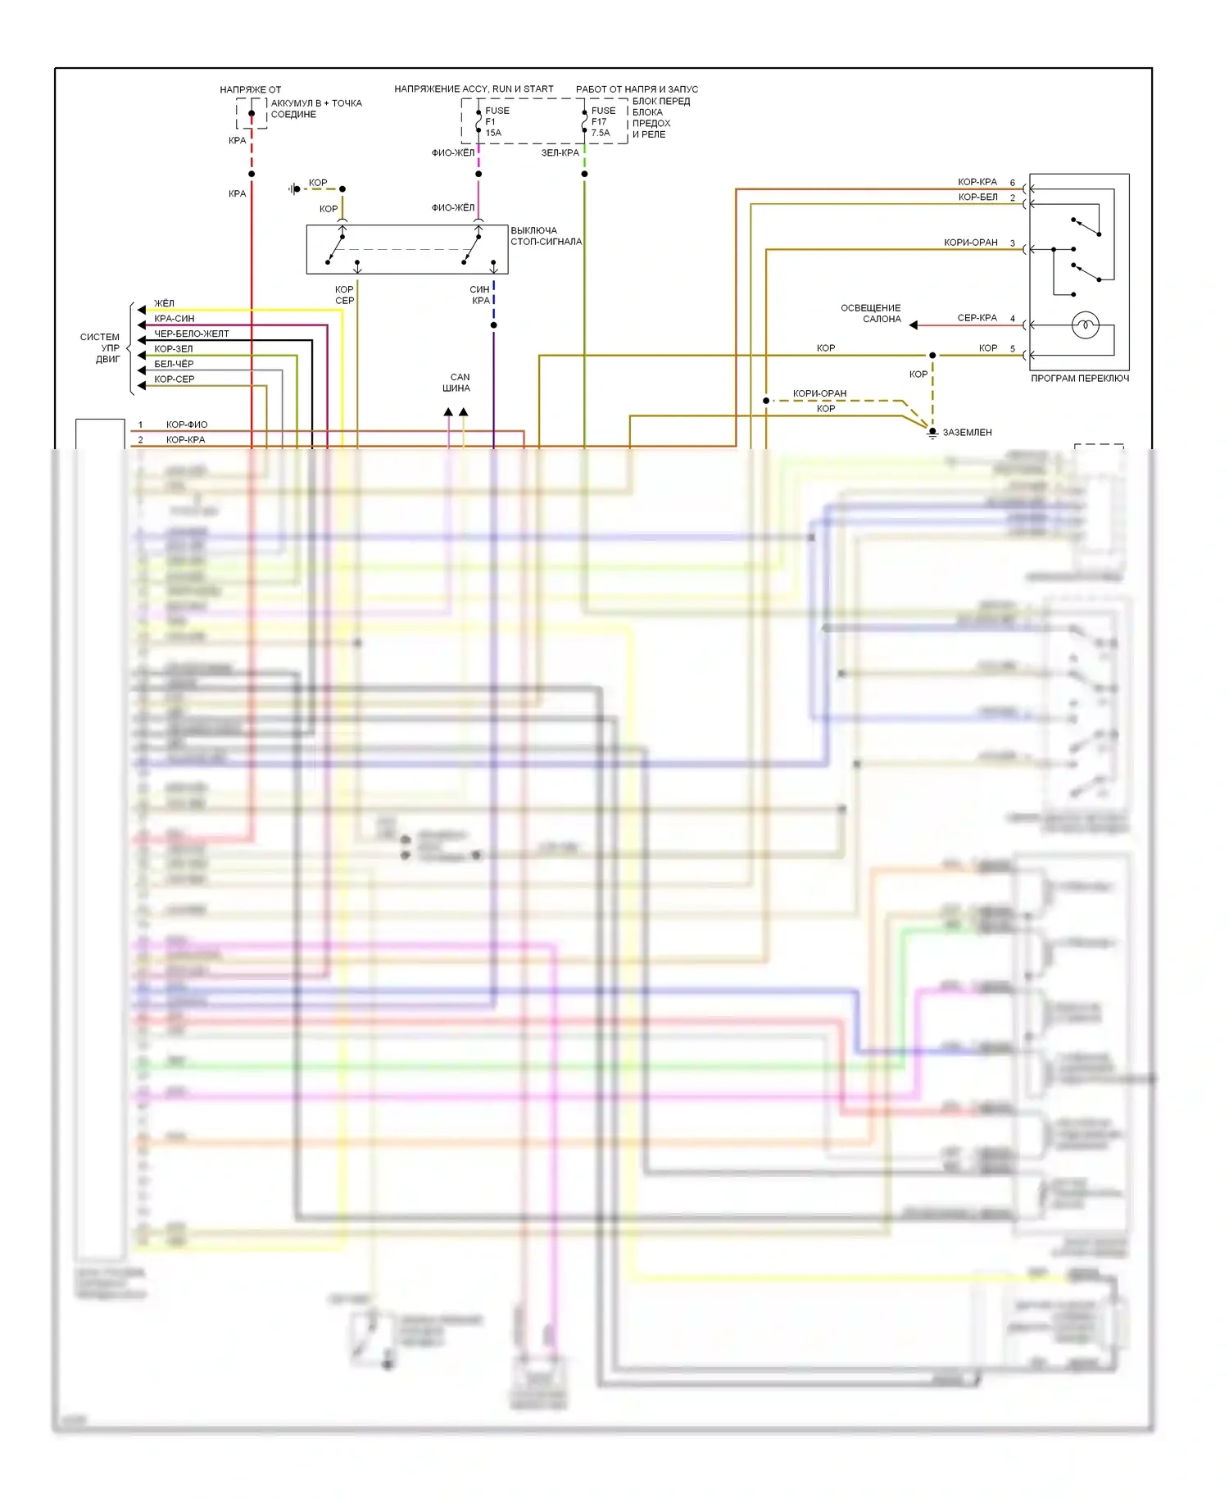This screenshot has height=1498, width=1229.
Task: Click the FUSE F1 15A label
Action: [496, 121]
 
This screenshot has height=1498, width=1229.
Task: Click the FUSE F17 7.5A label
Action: [602, 121]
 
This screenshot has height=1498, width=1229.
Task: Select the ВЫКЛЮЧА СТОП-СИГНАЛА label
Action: [546, 236]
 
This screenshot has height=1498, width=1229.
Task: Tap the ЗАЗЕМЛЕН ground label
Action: [967, 432]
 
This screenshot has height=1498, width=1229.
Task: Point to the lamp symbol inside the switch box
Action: [1085, 325]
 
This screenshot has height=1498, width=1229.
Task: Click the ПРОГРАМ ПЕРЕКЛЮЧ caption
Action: [1079, 379]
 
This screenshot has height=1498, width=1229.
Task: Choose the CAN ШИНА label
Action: [456, 383]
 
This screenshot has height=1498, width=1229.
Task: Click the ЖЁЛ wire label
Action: [164, 303]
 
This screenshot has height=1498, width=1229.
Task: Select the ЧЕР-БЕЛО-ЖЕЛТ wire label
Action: [192, 334]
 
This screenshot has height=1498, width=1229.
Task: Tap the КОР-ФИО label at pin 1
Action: [187, 424]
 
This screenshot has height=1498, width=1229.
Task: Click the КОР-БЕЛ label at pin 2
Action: [977, 197]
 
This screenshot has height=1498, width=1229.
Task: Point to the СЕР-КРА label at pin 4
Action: [977, 318]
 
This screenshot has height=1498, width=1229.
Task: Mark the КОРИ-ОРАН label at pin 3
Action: [970, 243]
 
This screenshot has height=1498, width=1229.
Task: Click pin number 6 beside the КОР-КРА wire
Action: [1013, 183]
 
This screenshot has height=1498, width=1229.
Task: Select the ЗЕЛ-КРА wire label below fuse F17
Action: [560, 152]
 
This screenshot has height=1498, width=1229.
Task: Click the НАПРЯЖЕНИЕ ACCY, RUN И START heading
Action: [474, 89]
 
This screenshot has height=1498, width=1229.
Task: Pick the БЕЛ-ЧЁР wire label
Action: [174, 364]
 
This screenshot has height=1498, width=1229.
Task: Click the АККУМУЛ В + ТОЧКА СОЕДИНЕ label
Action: [315, 108]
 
